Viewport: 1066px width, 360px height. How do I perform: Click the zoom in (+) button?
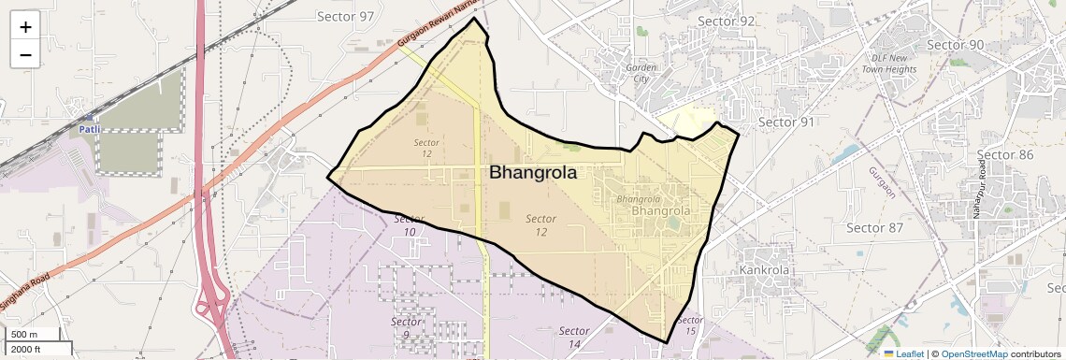[x=25, y=27]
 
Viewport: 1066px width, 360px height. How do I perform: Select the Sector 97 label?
[x=345, y=17]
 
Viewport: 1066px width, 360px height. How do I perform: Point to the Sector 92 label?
[x=727, y=22]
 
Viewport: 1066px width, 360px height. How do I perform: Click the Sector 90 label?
[x=956, y=45]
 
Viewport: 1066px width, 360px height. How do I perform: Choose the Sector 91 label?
[x=785, y=122]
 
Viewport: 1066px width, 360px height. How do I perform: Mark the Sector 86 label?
[x=1005, y=154]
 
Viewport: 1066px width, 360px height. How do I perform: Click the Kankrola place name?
[x=765, y=270]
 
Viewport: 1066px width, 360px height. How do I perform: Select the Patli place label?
[x=90, y=129]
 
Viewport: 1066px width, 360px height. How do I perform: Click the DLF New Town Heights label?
[x=887, y=64]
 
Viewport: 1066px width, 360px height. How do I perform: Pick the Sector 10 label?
[x=408, y=224]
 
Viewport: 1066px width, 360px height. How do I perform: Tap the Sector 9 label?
[x=400, y=327]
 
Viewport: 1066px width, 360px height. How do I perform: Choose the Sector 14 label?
[x=574, y=338]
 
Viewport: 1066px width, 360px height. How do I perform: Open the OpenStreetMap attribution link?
[x=973, y=353]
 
